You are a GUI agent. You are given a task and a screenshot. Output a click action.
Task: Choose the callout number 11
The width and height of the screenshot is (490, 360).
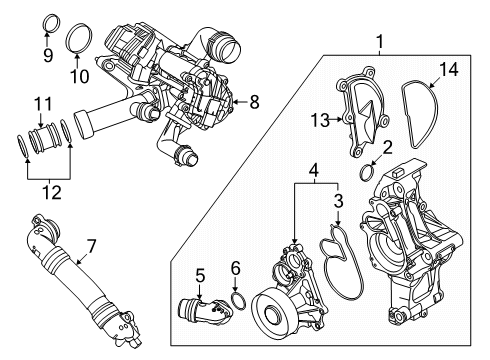41,103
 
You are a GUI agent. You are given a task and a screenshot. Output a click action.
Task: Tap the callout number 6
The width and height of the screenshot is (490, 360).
235,267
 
